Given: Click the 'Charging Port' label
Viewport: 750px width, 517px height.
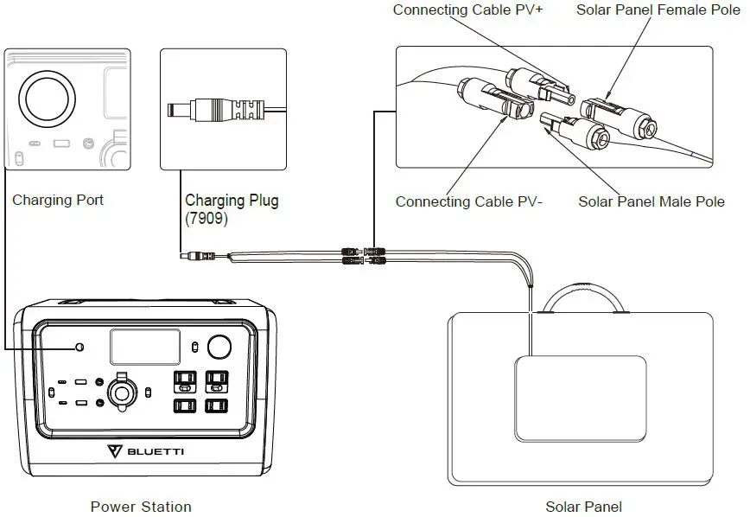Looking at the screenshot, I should pyautogui.click(x=58, y=200).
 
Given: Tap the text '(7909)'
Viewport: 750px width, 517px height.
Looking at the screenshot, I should pyautogui.click(x=207, y=220).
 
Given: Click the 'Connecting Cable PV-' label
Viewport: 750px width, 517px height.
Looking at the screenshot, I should pyautogui.click(x=469, y=201).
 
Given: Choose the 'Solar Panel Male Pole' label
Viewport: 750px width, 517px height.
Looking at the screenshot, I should pyautogui.click(x=651, y=201).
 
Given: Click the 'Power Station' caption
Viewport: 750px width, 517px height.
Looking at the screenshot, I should pyautogui.click(x=141, y=507).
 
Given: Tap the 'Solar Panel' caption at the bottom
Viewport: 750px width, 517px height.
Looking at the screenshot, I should pyautogui.click(x=583, y=507).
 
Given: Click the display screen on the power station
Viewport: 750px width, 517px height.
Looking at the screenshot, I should pyautogui.click(x=144, y=347).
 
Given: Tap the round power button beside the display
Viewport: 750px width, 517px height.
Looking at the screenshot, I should pyautogui.click(x=220, y=347).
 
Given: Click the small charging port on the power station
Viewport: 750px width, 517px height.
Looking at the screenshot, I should pyautogui.click(x=80, y=347).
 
